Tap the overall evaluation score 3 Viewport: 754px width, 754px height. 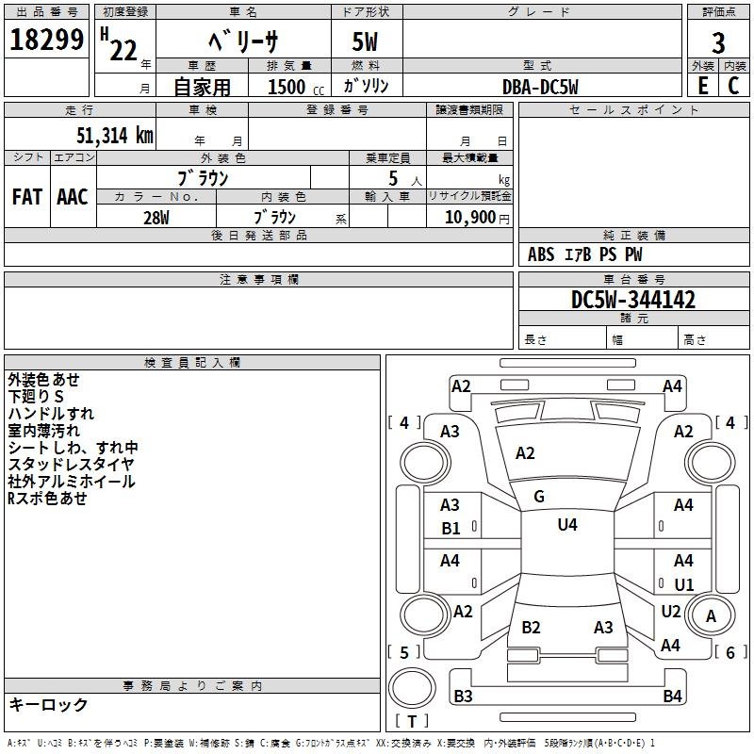[718, 43]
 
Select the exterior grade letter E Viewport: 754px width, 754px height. [702, 85]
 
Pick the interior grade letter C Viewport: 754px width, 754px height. [733, 85]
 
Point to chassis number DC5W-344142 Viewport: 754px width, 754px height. [633, 301]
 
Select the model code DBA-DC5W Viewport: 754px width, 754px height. [540, 87]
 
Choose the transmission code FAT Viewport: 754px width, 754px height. [26, 197]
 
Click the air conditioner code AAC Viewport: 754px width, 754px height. [73, 197]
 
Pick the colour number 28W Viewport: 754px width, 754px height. [156, 218]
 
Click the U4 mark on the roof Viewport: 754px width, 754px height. [567, 525]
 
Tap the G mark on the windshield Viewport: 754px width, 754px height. [539, 496]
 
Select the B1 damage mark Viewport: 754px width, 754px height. [451, 529]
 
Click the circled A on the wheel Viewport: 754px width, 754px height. [711, 615]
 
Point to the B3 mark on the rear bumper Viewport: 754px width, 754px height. [463, 697]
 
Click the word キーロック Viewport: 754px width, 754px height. [48, 704]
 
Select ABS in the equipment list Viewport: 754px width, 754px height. [541, 254]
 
